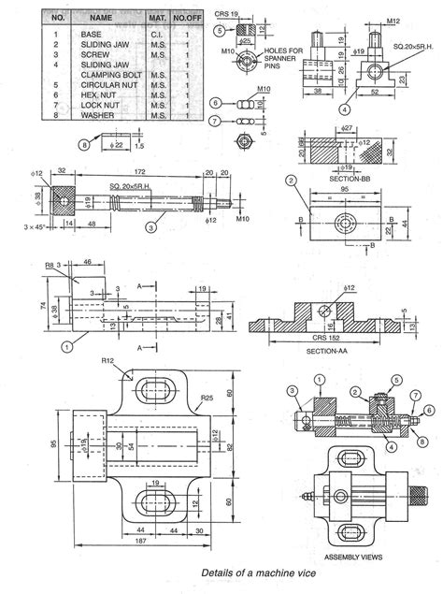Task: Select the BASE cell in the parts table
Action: tap(92, 35)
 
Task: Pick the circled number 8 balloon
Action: tap(85, 143)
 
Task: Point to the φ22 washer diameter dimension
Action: tap(114, 145)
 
